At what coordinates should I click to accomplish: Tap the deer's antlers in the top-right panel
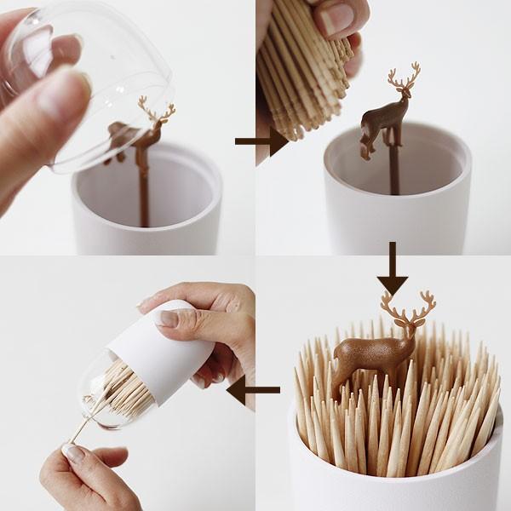click(404, 79)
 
